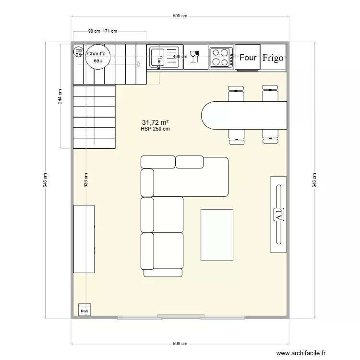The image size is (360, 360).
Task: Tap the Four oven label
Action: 248,58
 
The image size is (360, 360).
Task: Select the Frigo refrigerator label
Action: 273,58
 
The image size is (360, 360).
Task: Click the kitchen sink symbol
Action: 163,57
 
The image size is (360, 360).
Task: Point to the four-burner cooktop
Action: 221,57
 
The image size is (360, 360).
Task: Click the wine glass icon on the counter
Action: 194,57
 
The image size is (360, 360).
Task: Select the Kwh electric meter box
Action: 84,310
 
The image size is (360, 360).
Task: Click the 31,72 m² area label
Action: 155,122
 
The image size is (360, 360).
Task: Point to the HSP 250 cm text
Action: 155,129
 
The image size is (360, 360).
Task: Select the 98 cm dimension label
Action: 94,32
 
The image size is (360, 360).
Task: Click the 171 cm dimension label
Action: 110,32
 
